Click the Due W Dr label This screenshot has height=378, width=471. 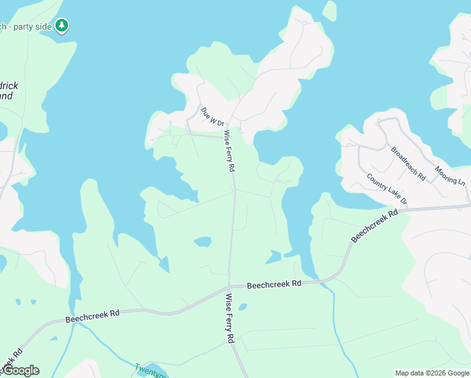[x=213, y=116]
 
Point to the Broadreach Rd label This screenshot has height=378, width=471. [x=408, y=164]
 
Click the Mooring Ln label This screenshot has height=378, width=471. [x=449, y=175]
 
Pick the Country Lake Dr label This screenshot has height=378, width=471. [x=387, y=190]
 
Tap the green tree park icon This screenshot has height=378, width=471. [x=62, y=26]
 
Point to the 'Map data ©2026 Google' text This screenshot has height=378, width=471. [x=432, y=373]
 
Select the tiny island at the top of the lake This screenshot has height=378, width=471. [x=329, y=11]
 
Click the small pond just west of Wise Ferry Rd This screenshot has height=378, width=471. [x=203, y=242]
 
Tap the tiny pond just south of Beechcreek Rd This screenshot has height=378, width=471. [x=243, y=307]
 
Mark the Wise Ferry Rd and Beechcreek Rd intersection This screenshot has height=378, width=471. [x=229, y=288]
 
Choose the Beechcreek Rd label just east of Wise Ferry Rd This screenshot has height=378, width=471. [x=274, y=285]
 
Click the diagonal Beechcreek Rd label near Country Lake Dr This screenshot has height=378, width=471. [x=375, y=226]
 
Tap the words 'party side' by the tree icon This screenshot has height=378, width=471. [x=31, y=26]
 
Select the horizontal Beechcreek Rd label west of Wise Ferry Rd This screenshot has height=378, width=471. [x=93, y=316]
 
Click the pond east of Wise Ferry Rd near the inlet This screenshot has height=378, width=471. [x=273, y=257]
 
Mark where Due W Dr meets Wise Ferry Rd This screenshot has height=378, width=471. [x=225, y=135]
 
